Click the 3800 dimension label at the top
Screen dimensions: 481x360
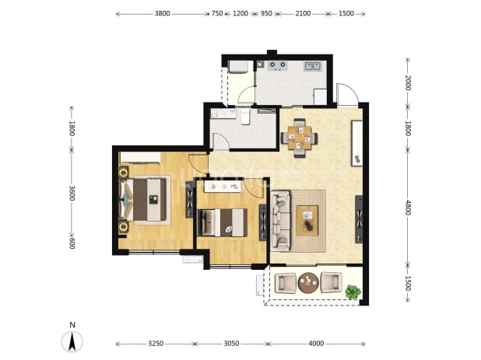click(162, 13)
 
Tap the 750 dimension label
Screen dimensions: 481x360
click(217, 13)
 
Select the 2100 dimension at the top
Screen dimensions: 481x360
click(303, 13)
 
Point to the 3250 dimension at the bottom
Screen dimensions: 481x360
click(156, 344)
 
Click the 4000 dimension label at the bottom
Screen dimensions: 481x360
click(316, 344)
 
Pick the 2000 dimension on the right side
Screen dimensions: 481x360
click(408, 82)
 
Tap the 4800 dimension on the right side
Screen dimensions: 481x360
click(408, 208)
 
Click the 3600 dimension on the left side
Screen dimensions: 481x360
click(72, 193)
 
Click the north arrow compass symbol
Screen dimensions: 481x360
click(72, 341)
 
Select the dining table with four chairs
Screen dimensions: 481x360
click(300, 138)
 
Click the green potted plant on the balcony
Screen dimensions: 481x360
click(353, 292)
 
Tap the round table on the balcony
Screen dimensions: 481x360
click(308, 282)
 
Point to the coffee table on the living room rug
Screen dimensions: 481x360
click(307, 221)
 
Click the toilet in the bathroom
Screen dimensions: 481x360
click(245, 117)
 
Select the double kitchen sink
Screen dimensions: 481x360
click(313, 66)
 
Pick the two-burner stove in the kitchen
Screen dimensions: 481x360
click(278, 65)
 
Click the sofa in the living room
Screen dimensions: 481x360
click(280, 221)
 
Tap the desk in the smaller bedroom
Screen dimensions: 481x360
click(223, 187)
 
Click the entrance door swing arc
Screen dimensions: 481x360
click(349, 90)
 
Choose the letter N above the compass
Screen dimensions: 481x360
click(72, 325)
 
